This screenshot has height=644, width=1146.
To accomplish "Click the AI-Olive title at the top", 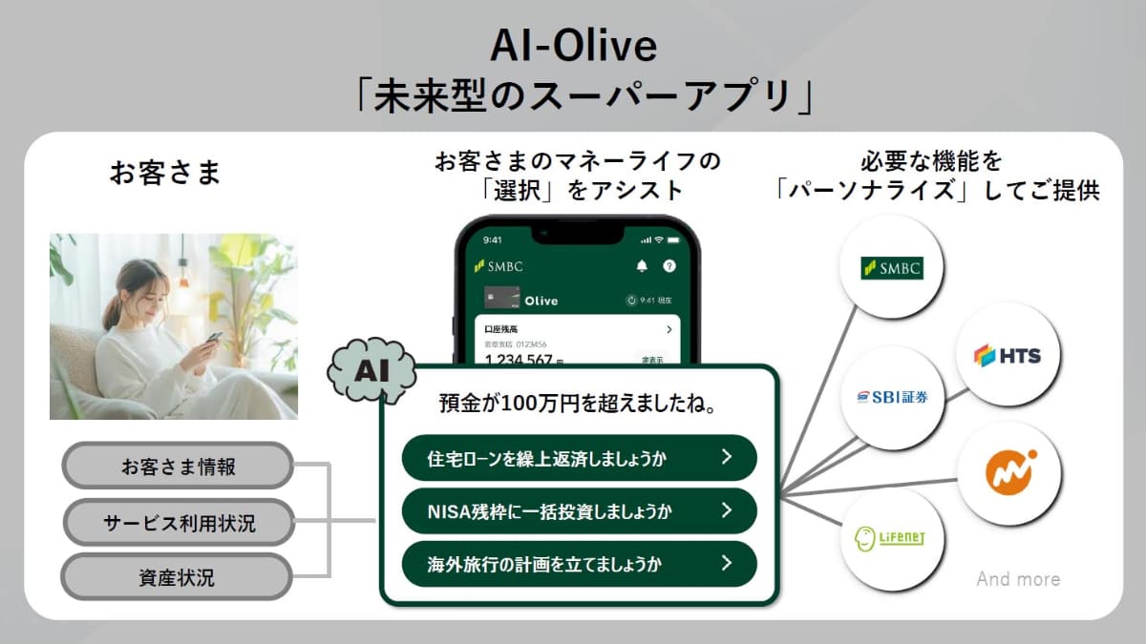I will tap(573, 45).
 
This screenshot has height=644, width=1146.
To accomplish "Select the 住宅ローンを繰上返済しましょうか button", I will tap(579, 458).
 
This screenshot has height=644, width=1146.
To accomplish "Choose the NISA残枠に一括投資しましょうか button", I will tap(579, 510).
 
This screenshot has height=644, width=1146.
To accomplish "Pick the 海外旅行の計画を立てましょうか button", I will tap(579, 563).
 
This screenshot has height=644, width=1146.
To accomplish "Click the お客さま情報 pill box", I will tap(178, 467).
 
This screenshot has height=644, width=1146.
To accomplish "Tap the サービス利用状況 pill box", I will tap(179, 522).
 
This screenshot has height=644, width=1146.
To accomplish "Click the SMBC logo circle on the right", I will tap(891, 268).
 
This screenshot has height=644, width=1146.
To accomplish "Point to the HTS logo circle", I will tap(1008, 355).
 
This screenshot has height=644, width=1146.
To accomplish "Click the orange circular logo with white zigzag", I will tap(1009, 473).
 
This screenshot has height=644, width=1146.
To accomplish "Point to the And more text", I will tap(1018, 579).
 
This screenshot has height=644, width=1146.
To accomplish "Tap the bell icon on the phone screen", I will tap(641, 266).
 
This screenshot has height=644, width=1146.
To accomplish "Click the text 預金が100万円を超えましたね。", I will tap(578, 404).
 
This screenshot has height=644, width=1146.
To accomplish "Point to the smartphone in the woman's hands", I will tap(215, 338).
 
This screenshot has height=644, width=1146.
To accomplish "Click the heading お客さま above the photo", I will tap(165, 173).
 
